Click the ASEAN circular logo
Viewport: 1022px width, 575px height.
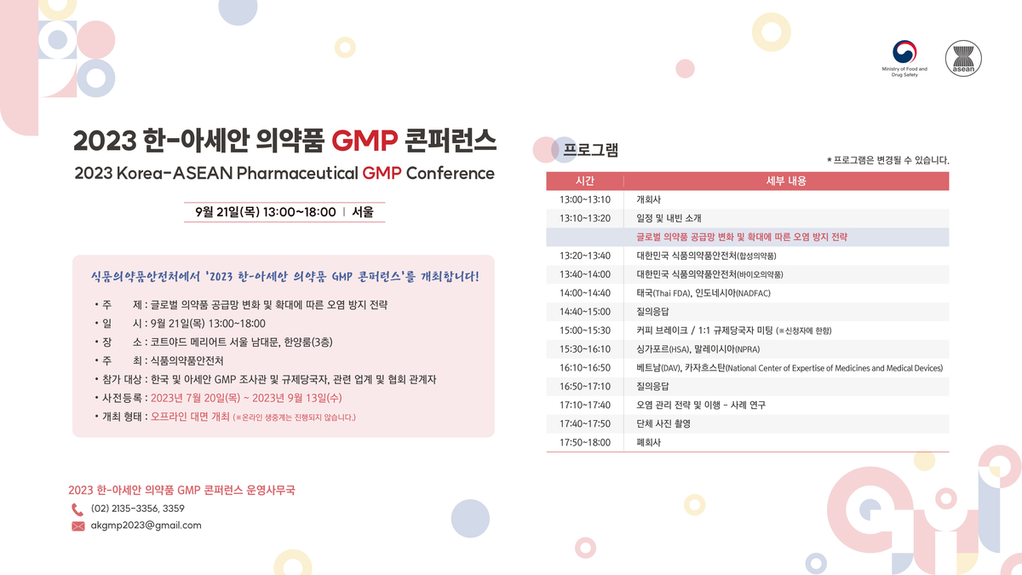(964, 58)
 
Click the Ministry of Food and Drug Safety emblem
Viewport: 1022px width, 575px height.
(905, 52)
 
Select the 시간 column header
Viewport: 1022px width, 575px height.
(585, 181)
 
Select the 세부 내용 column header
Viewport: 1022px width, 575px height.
(786, 181)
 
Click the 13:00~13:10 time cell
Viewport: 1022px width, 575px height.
(585, 199)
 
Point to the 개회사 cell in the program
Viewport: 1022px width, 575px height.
(649, 199)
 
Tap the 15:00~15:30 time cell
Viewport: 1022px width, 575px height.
(585, 330)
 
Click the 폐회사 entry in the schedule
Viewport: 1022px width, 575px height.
(649, 442)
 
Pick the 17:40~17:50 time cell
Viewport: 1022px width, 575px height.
(585, 423)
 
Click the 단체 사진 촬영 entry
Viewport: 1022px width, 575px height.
(663, 423)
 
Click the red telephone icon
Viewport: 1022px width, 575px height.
(78, 509)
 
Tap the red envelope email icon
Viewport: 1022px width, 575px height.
(78, 526)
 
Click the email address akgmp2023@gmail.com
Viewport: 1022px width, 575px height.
(146, 526)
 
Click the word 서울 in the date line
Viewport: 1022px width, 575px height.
(363, 212)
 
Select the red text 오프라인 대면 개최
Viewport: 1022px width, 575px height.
(190, 417)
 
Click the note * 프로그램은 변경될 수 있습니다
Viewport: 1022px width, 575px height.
(887, 160)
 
